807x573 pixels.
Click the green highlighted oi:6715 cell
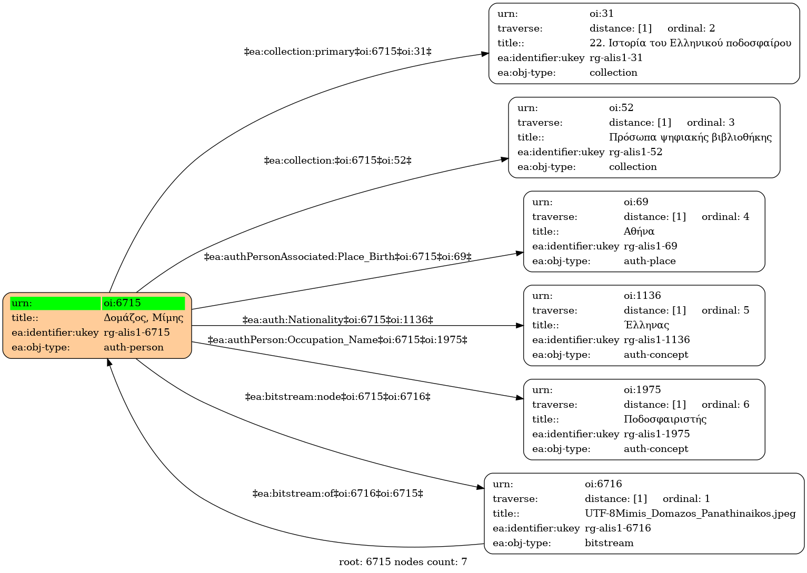click(x=143, y=303)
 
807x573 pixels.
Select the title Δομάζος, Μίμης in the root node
click(x=143, y=318)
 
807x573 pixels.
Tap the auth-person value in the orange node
click(x=134, y=347)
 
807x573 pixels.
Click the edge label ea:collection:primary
click(x=337, y=52)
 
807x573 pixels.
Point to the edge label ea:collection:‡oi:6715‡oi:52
click(x=337, y=160)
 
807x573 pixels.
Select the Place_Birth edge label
click(x=337, y=257)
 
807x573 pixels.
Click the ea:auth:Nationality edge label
click(x=337, y=320)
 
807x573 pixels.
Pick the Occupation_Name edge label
click(x=337, y=340)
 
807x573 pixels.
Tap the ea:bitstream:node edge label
click(x=337, y=397)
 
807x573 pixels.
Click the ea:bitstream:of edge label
click(x=337, y=494)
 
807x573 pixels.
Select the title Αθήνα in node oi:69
click(x=639, y=231)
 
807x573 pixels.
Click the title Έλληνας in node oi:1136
click(x=646, y=325)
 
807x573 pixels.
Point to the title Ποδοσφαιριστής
click(x=665, y=419)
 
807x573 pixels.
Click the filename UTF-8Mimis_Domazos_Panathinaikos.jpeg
click(x=690, y=514)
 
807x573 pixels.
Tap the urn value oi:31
click(x=601, y=14)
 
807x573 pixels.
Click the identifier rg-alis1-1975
click(x=656, y=434)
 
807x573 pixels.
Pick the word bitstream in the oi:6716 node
click(x=609, y=543)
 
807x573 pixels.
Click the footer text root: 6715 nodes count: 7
click(x=403, y=562)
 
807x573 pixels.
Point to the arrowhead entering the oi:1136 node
click(x=520, y=326)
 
